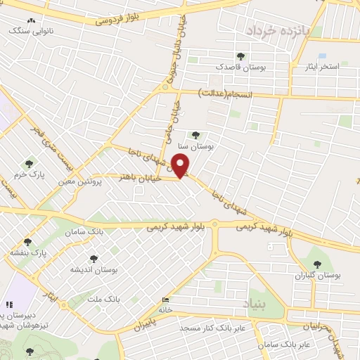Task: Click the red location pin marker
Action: click(181, 165)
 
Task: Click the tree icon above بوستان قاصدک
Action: click(241, 56)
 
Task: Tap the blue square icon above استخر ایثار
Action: click(322, 56)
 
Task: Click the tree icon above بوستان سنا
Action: click(195, 135)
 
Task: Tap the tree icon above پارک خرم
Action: click(29, 163)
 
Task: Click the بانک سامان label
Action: click(84, 231)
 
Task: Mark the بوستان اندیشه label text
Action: click(94, 269)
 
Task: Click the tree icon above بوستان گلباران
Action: click(318, 264)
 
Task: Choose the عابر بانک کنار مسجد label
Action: click(212, 328)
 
